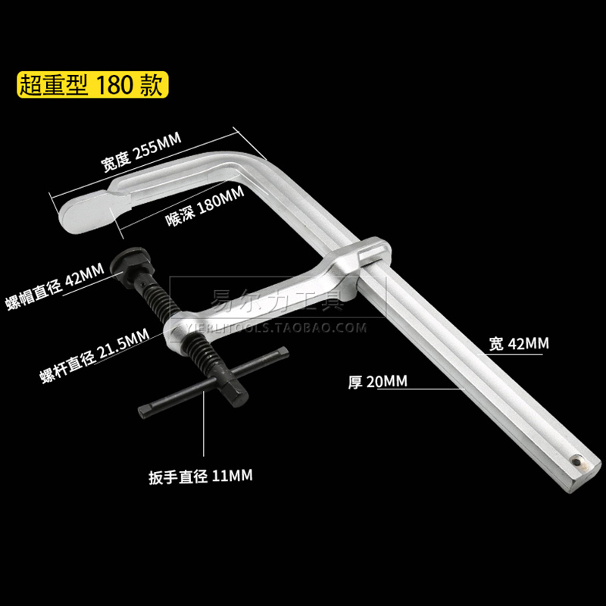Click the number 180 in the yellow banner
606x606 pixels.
coord(114,84)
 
